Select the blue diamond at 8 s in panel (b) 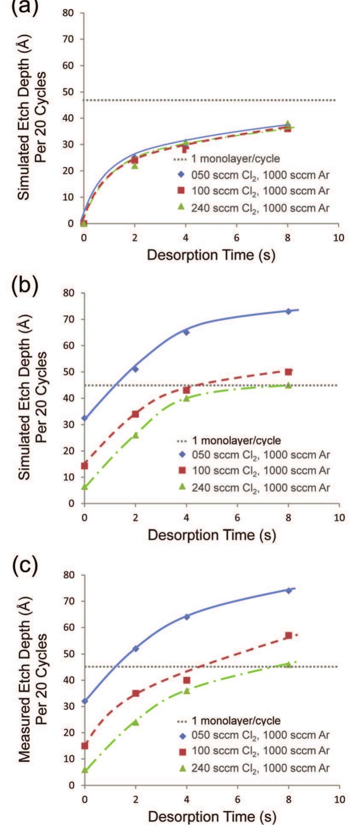pos(288,311)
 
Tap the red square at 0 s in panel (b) pos(85,466)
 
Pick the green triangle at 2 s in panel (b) pos(136,435)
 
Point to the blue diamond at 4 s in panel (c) pos(187,617)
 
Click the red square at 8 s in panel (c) pos(288,635)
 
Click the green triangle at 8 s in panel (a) pos(288,124)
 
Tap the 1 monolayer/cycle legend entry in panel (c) pos(229,720)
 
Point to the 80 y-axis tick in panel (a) pos(70,13)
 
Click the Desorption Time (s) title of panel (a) pos(211,254)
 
